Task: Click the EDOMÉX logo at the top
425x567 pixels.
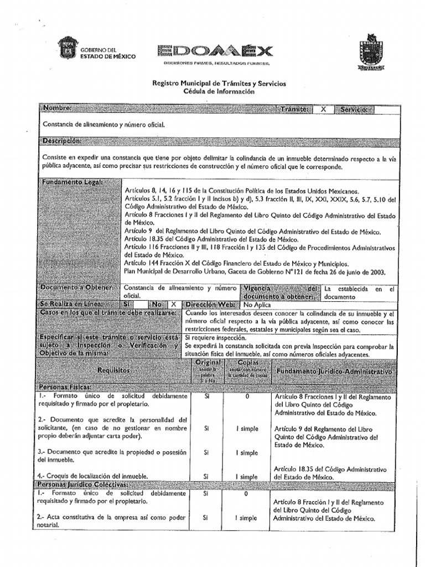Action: [x=215, y=51]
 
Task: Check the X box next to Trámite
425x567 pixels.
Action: [x=323, y=109]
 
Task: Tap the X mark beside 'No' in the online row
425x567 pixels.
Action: [x=173, y=304]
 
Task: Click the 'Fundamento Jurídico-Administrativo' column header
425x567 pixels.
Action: [x=334, y=370]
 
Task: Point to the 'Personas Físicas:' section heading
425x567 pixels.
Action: [x=65, y=388]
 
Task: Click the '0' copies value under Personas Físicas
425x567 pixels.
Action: [x=247, y=396]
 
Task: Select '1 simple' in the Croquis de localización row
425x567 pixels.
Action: [x=247, y=476]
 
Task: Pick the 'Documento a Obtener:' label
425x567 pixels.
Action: [x=77, y=288]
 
